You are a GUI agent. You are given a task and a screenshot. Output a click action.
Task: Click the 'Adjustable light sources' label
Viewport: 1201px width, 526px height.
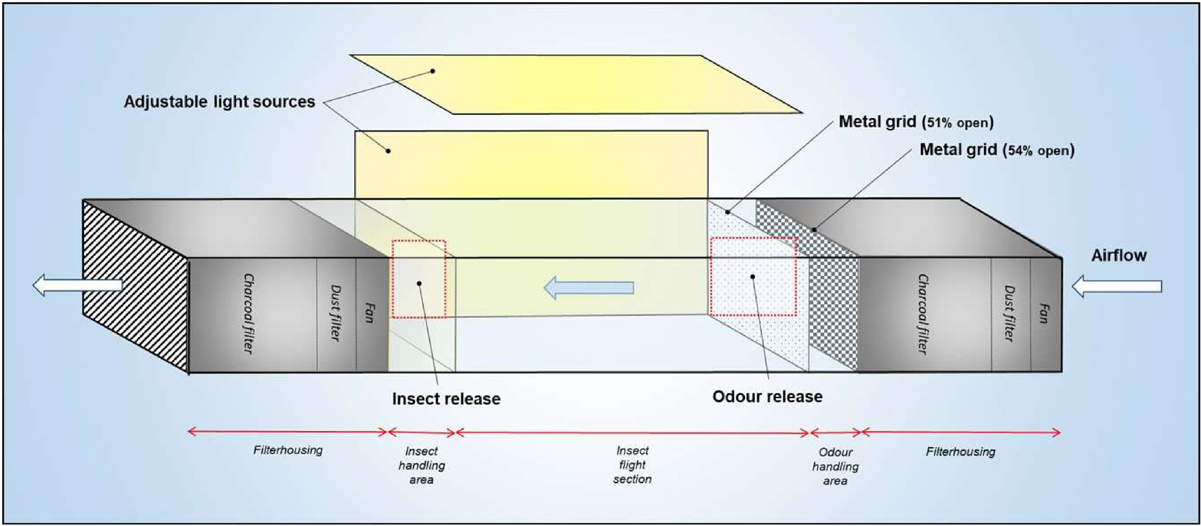(x=219, y=102)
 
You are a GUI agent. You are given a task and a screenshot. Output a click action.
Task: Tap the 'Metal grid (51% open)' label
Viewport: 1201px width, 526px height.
(x=916, y=122)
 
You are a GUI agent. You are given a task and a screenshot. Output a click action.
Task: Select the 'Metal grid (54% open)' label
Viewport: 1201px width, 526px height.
(x=997, y=150)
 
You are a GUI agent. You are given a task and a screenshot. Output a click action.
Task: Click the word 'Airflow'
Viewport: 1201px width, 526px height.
(x=1118, y=255)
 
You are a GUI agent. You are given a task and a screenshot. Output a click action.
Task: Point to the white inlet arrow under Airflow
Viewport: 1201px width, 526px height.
(x=1116, y=286)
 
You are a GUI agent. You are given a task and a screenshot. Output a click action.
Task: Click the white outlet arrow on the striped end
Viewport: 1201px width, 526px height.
(x=77, y=285)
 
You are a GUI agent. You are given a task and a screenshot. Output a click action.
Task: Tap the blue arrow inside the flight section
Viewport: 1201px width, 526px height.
(x=589, y=287)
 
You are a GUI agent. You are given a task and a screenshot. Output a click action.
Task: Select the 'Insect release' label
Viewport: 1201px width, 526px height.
(x=446, y=399)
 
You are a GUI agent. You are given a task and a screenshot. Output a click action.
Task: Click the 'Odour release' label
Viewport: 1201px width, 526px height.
(x=767, y=396)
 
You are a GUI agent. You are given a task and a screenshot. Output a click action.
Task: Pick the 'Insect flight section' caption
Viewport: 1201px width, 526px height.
(x=632, y=464)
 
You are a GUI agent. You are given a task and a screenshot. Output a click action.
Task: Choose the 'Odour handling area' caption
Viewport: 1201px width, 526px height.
(x=835, y=466)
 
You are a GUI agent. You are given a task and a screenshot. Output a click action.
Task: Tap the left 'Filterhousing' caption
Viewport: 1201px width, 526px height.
(x=288, y=450)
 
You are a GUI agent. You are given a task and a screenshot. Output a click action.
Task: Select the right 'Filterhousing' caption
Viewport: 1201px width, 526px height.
(x=961, y=451)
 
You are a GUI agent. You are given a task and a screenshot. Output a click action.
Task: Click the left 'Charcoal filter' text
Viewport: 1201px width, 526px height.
(x=249, y=313)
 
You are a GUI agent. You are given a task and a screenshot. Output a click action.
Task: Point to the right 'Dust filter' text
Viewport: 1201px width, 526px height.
(x=1009, y=314)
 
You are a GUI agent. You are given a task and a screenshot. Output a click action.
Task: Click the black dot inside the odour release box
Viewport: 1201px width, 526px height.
(x=752, y=277)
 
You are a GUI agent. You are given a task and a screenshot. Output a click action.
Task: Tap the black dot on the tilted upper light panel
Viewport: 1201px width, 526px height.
(x=433, y=71)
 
